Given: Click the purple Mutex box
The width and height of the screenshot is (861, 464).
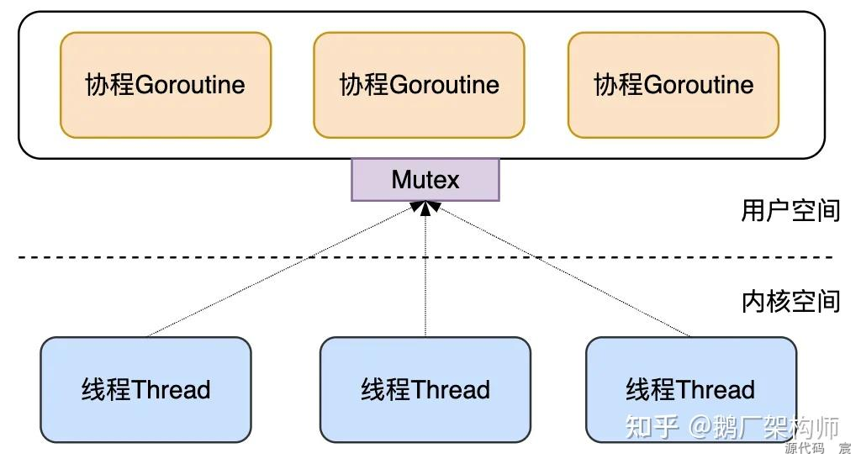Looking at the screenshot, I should [425, 180].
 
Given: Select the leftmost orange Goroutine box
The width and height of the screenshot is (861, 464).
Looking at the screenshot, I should [166, 85].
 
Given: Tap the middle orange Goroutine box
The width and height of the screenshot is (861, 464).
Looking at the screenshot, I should [420, 85].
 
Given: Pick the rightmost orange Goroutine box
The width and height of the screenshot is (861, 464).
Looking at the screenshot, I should [673, 85].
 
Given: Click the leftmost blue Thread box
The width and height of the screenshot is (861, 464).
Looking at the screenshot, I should [146, 390].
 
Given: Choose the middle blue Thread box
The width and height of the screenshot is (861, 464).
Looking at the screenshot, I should [425, 390].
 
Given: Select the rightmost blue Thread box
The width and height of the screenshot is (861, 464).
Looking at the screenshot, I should [690, 390].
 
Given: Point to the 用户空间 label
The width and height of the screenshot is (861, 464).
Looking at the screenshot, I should [790, 210].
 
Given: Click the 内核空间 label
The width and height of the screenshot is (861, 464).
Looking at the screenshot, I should [790, 301].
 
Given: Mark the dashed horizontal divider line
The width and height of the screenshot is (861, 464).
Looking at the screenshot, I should [252, 257].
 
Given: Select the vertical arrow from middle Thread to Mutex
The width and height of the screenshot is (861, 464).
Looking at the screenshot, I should [426, 277].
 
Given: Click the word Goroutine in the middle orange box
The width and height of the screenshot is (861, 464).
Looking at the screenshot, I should [445, 85].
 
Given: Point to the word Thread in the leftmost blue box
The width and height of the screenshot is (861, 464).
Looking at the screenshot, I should [172, 390].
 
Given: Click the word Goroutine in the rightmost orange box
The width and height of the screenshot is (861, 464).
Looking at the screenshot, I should [699, 85].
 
